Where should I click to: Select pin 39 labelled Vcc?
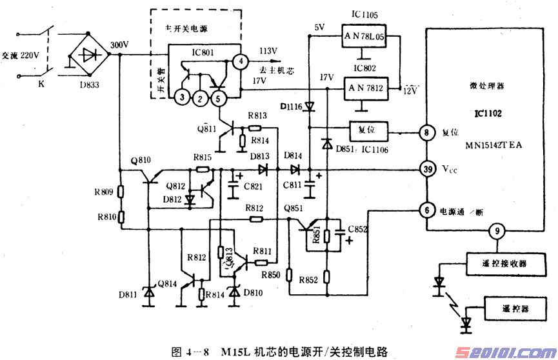pos(426,170)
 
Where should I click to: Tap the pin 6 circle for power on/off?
pos(426,210)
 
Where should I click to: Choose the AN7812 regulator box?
pos(363,86)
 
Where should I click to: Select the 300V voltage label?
pos(120,45)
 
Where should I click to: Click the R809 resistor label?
pos(103,192)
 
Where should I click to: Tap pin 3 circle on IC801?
pos(183,97)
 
